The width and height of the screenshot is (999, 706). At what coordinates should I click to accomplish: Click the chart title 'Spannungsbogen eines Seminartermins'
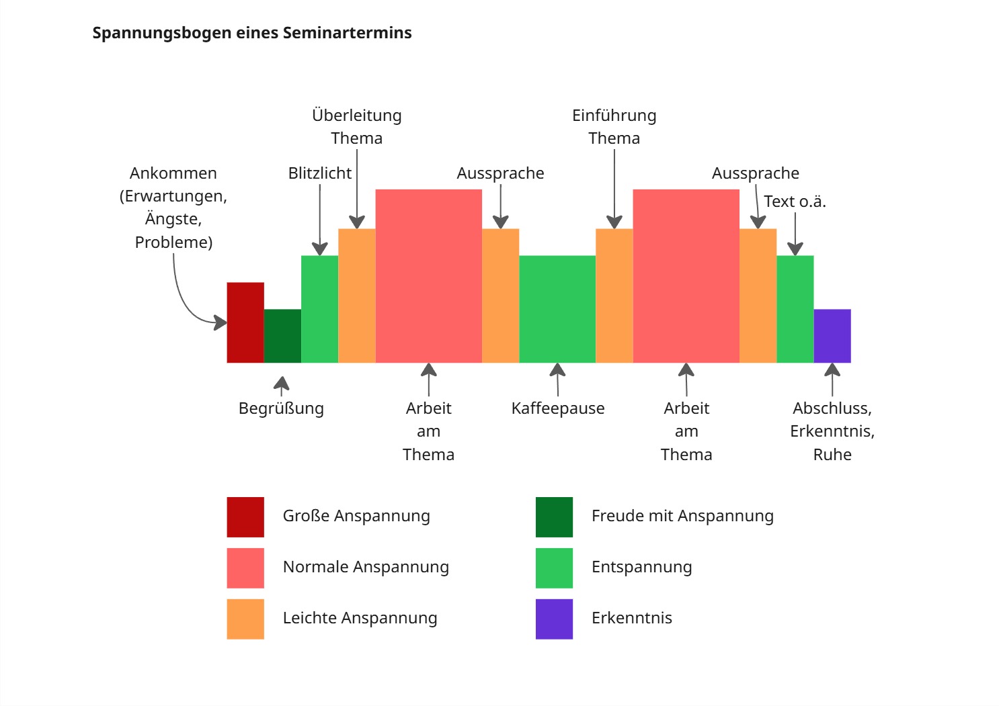(251, 33)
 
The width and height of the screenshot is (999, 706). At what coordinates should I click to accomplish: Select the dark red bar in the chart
(245, 322)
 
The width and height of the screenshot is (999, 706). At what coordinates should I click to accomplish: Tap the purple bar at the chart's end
(832, 336)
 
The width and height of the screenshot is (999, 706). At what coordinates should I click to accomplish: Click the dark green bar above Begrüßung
(282, 336)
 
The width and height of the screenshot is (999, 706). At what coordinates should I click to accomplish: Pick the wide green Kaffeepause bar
(557, 309)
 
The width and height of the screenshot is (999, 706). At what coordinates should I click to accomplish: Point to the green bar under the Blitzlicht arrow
(319, 309)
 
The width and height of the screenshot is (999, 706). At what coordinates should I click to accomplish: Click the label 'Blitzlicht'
(319, 173)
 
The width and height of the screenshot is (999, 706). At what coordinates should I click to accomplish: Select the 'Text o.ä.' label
(795, 202)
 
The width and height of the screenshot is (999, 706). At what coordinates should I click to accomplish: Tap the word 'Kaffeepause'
(557, 408)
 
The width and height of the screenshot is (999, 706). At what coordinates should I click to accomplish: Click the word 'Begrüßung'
(281, 408)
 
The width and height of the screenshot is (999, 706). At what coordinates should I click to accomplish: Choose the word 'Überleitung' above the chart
(356, 116)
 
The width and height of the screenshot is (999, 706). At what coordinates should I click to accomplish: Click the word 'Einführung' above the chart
(614, 116)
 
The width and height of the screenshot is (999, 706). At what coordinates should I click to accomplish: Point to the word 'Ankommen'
(173, 173)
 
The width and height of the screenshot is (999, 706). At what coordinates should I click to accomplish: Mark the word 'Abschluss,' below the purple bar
(832, 408)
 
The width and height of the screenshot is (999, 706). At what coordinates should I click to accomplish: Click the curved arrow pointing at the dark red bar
(185, 302)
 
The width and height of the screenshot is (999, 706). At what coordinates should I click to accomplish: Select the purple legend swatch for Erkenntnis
(554, 619)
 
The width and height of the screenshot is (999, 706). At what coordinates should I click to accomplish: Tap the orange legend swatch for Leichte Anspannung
(245, 619)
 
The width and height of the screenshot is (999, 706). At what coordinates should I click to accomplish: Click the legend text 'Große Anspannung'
(356, 516)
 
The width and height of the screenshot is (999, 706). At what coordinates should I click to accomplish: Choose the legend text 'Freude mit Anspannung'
(682, 516)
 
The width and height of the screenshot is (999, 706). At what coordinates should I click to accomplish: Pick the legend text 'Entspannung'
(641, 567)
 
